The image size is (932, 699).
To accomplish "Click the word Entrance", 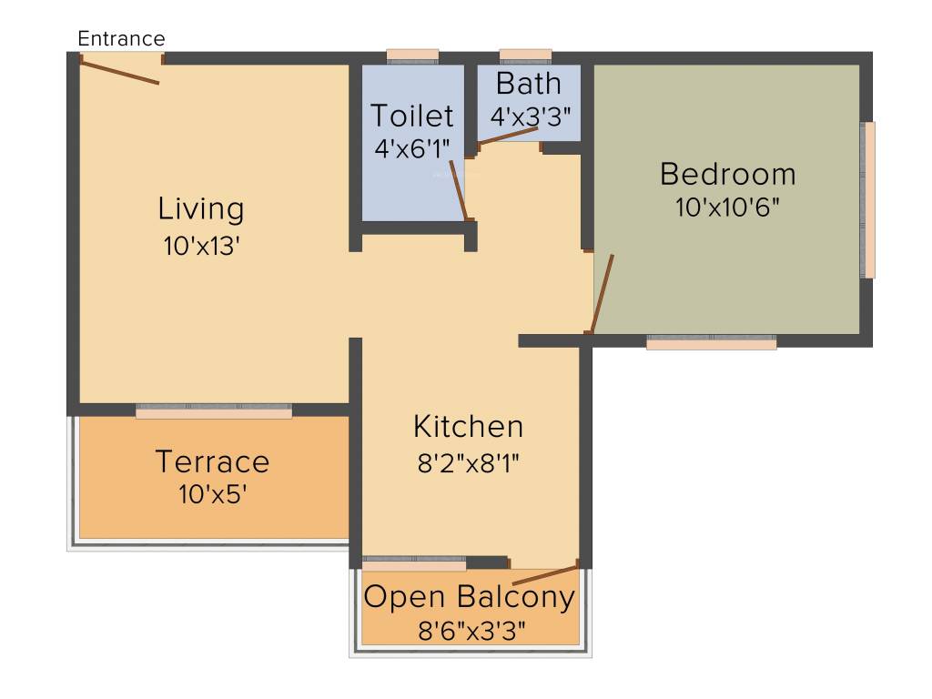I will point(121,38).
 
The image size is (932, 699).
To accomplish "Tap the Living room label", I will point(201,208).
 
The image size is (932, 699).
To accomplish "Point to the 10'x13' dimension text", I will point(201,246).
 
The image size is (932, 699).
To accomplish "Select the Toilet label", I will point(411,116).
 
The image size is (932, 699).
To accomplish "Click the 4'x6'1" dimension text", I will point(412,148).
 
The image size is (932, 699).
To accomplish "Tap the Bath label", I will point(528,84).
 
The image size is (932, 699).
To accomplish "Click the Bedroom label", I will point(727,173).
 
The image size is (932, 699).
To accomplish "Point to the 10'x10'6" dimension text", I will point(727,207).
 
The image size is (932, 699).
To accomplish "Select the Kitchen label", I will point(468,426).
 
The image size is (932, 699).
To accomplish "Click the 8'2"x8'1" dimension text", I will point(468,462).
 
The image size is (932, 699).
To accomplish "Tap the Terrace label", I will point(212,461).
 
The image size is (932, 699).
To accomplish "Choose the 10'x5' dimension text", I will point(212,495).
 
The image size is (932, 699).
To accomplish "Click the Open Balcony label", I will point(470,597).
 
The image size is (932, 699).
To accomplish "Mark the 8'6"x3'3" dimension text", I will point(471,629).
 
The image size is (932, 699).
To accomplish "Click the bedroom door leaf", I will point(602,294).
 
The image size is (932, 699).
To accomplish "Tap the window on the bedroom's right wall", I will point(869,199).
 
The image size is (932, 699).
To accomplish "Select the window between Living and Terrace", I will point(214,412).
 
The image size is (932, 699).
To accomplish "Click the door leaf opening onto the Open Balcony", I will point(545,575).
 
